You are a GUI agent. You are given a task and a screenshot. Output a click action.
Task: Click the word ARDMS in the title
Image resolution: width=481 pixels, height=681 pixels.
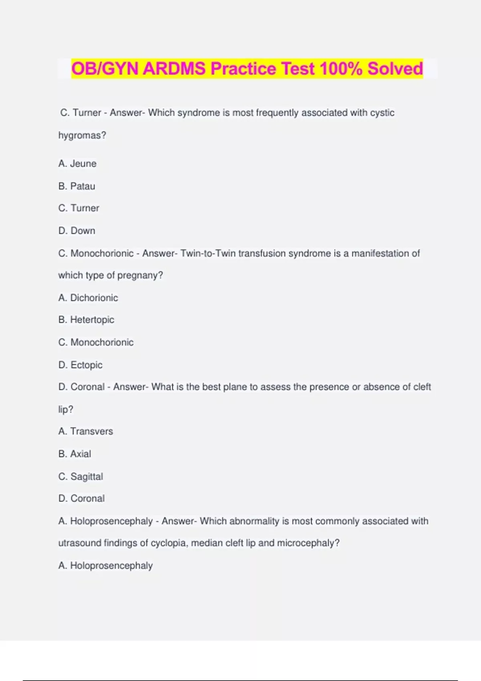point(175,69)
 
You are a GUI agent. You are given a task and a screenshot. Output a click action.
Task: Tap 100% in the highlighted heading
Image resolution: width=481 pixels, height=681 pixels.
point(341,69)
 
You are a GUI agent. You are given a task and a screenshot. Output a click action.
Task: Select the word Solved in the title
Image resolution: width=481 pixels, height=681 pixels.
point(395,69)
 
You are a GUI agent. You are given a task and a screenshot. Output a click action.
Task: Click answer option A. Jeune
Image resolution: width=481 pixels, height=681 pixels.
point(77,163)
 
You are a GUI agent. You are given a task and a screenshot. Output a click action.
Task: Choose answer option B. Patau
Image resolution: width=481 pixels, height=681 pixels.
point(77,186)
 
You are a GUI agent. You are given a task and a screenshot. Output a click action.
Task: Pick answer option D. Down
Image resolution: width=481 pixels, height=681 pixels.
point(77,231)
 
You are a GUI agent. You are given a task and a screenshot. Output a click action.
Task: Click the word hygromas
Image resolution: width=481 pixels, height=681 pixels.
point(82,135)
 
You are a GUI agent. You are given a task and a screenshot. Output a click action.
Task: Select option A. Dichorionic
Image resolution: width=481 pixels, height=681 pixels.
point(88,298)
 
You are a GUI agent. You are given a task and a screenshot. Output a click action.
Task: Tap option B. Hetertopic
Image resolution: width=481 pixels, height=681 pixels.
point(86,320)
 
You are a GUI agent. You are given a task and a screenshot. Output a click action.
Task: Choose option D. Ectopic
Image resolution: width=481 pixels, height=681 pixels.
point(80,365)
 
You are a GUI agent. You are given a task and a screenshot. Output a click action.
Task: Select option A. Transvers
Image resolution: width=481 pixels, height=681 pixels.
point(85,431)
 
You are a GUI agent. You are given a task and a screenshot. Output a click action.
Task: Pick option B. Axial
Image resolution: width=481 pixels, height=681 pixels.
point(75,454)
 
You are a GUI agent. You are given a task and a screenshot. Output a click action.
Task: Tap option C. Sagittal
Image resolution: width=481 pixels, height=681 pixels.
point(81,476)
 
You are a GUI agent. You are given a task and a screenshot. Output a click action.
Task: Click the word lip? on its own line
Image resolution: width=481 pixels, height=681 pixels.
point(66,409)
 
